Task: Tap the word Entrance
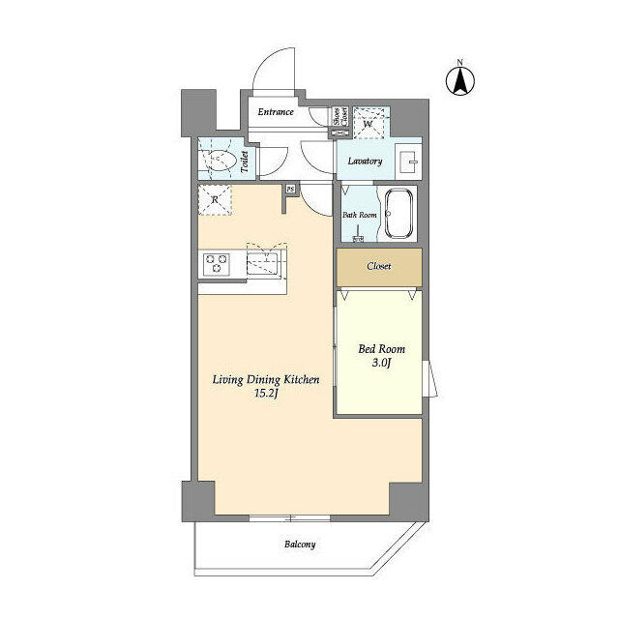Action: (x=276, y=112)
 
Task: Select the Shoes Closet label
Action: (x=339, y=118)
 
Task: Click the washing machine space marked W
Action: (x=369, y=123)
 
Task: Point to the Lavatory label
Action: (x=365, y=162)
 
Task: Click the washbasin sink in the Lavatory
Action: (x=407, y=160)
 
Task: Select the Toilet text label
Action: (x=245, y=161)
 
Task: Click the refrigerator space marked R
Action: (x=216, y=199)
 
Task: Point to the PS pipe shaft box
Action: (x=289, y=190)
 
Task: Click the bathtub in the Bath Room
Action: (x=398, y=215)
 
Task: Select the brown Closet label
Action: (x=378, y=266)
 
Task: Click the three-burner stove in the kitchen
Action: (x=215, y=263)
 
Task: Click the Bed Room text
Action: (x=382, y=349)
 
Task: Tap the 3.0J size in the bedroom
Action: (x=382, y=364)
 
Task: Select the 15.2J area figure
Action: (x=266, y=395)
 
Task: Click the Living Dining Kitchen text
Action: (x=266, y=380)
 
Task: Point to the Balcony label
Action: (x=300, y=545)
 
